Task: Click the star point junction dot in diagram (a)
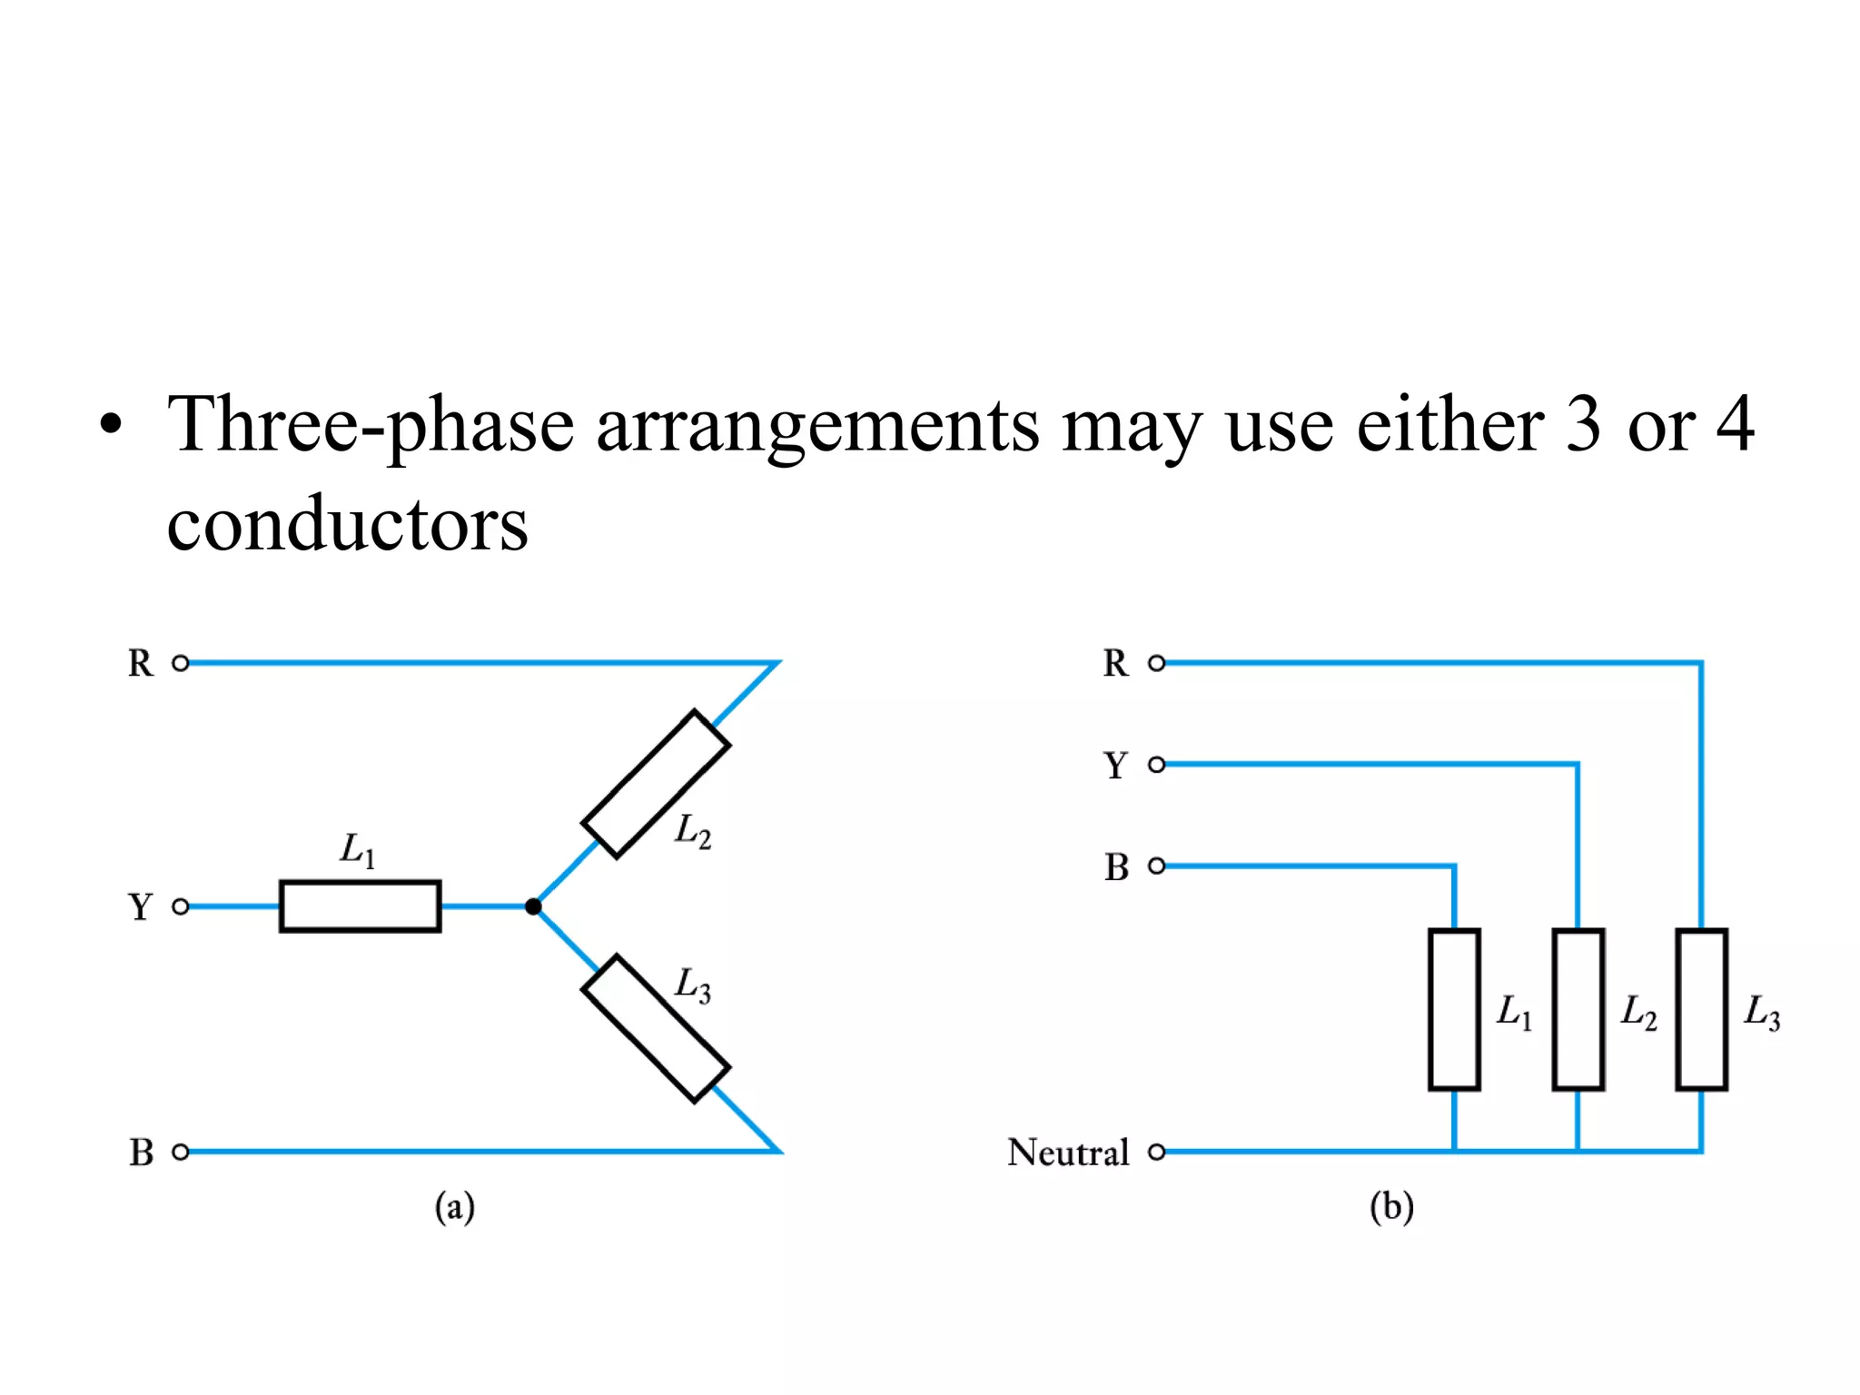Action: [533, 906]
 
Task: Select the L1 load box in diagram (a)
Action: [361, 906]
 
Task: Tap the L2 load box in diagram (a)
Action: [656, 784]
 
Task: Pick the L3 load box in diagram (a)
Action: [656, 1029]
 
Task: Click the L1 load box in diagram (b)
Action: [1454, 1009]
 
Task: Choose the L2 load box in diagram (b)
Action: [1578, 1009]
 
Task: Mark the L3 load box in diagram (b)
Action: [1701, 1009]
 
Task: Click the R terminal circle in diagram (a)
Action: [181, 663]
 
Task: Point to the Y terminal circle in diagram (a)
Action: [181, 906]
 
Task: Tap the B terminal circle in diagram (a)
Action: [181, 1152]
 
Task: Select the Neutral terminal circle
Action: [1156, 1152]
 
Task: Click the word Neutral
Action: [1068, 1153]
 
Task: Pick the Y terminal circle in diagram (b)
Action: [1156, 765]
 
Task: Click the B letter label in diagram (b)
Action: [1116, 867]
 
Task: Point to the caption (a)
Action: [454, 1208]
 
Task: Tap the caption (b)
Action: [1391, 1208]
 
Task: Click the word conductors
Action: [347, 524]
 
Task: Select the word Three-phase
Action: [371, 425]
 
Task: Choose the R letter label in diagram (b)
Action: [1115, 664]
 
